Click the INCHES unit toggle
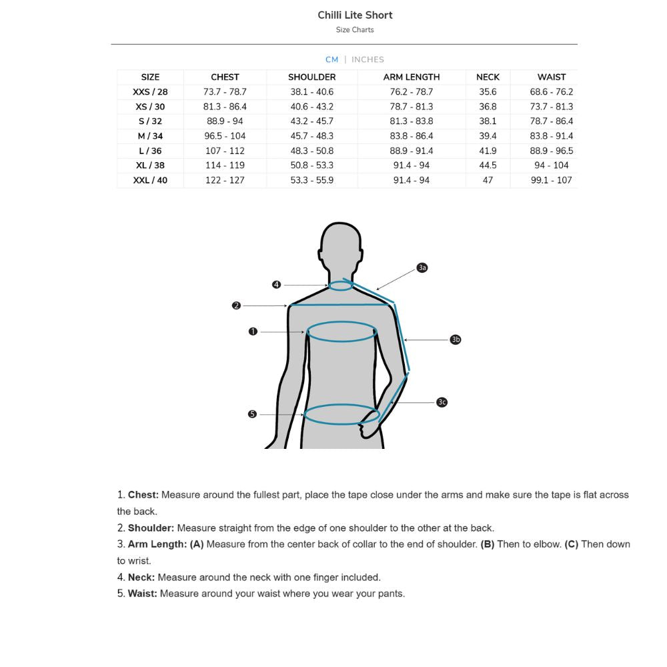(368, 59)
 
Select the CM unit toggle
(331, 59)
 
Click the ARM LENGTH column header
(411, 77)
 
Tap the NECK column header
(488, 77)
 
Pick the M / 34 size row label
(150, 136)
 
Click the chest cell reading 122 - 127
(225, 180)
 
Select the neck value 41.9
(488, 151)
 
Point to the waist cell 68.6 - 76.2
(551, 92)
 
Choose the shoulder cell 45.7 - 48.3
(311, 136)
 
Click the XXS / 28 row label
(150, 92)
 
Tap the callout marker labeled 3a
(422, 267)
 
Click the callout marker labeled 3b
(456, 340)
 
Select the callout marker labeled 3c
(442, 402)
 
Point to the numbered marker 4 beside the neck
(276, 285)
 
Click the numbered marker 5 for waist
(252, 414)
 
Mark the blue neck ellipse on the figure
(340, 285)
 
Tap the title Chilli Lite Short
(355, 15)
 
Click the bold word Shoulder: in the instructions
(151, 528)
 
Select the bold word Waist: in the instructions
(143, 594)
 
